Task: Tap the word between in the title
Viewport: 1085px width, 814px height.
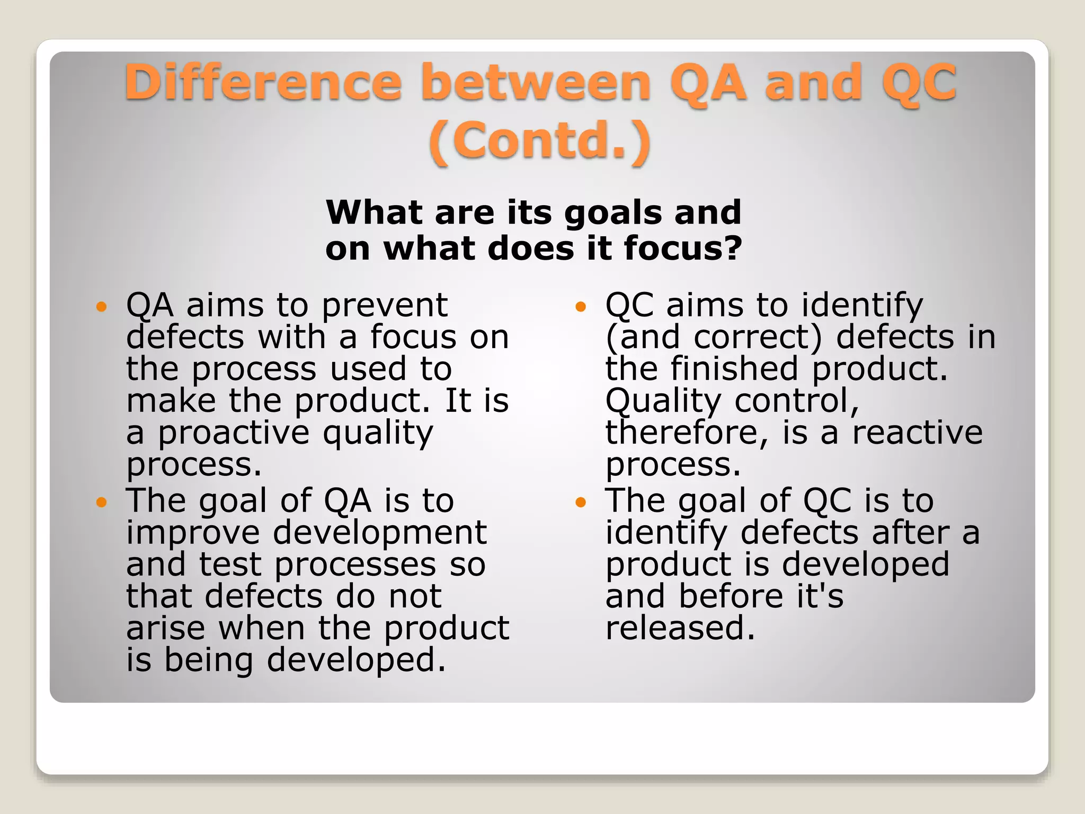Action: tap(535, 82)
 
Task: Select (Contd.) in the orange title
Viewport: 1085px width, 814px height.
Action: tap(539, 140)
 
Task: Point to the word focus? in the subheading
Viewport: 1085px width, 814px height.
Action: tap(683, 249)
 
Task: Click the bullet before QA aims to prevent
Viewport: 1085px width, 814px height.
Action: tap(102, 306)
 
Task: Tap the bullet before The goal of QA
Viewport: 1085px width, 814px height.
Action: tap(102, 501)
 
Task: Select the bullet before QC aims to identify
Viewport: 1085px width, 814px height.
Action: tap(581, 306)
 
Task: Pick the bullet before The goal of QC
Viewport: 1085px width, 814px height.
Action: tap(581, 501)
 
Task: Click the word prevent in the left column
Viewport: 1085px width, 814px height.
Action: tap(385, 306)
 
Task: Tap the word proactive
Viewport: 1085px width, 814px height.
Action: tap(234, 433)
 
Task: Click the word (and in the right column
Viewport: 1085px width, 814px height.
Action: tap(643, 337)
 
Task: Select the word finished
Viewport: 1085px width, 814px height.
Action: tap(734, 369)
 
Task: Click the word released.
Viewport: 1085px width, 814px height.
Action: tap(680, 628)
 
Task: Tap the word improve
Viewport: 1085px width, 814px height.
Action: tap(193, 533)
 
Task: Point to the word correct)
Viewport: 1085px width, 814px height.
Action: tap(758, 337)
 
